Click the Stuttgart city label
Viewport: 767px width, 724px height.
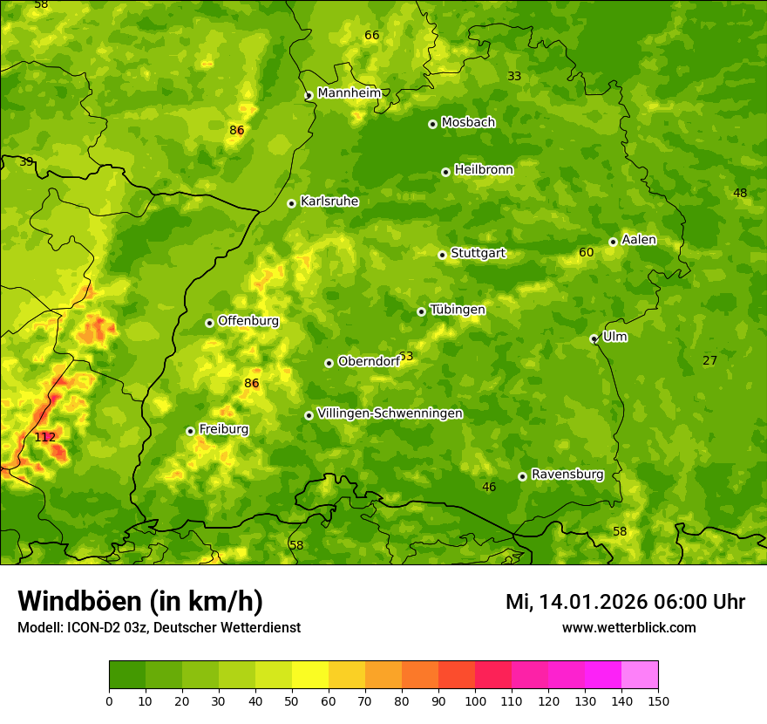(x=478, y=254)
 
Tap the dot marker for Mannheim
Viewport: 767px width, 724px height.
(x=309, y=96)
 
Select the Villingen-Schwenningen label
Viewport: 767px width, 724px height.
(x=390, y=413)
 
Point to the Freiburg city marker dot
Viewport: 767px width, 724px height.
(x=190, y=431)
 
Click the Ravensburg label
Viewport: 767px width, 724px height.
(x=567, y=475)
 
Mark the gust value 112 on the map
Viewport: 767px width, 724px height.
(x=45, y=437)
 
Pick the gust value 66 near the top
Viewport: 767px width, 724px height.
(x=372, y=36)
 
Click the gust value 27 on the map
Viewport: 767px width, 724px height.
(x=710, y=361)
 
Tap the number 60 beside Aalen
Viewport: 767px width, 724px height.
(x=587, y=253)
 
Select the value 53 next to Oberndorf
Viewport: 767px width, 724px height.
(x=406, y=357)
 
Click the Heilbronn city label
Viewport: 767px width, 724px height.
(x=484, y=170)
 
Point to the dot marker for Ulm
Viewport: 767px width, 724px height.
(x=594, y=339)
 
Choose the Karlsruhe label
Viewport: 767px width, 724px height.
(x=329, y=201)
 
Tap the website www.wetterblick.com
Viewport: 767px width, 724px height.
(x=628, y=628)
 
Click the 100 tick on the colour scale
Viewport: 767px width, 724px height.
(x=475, y=700)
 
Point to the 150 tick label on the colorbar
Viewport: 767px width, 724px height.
(x=658, y=700)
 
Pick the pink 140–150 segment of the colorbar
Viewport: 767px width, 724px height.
(x=640, y=675)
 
